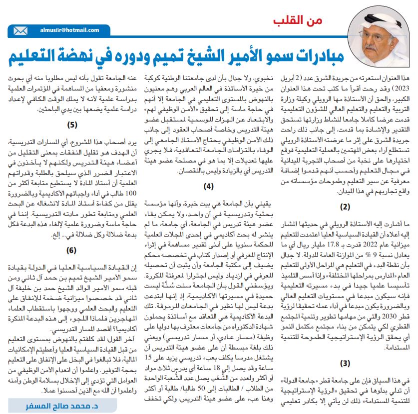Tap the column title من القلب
click(x=299, y=21)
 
